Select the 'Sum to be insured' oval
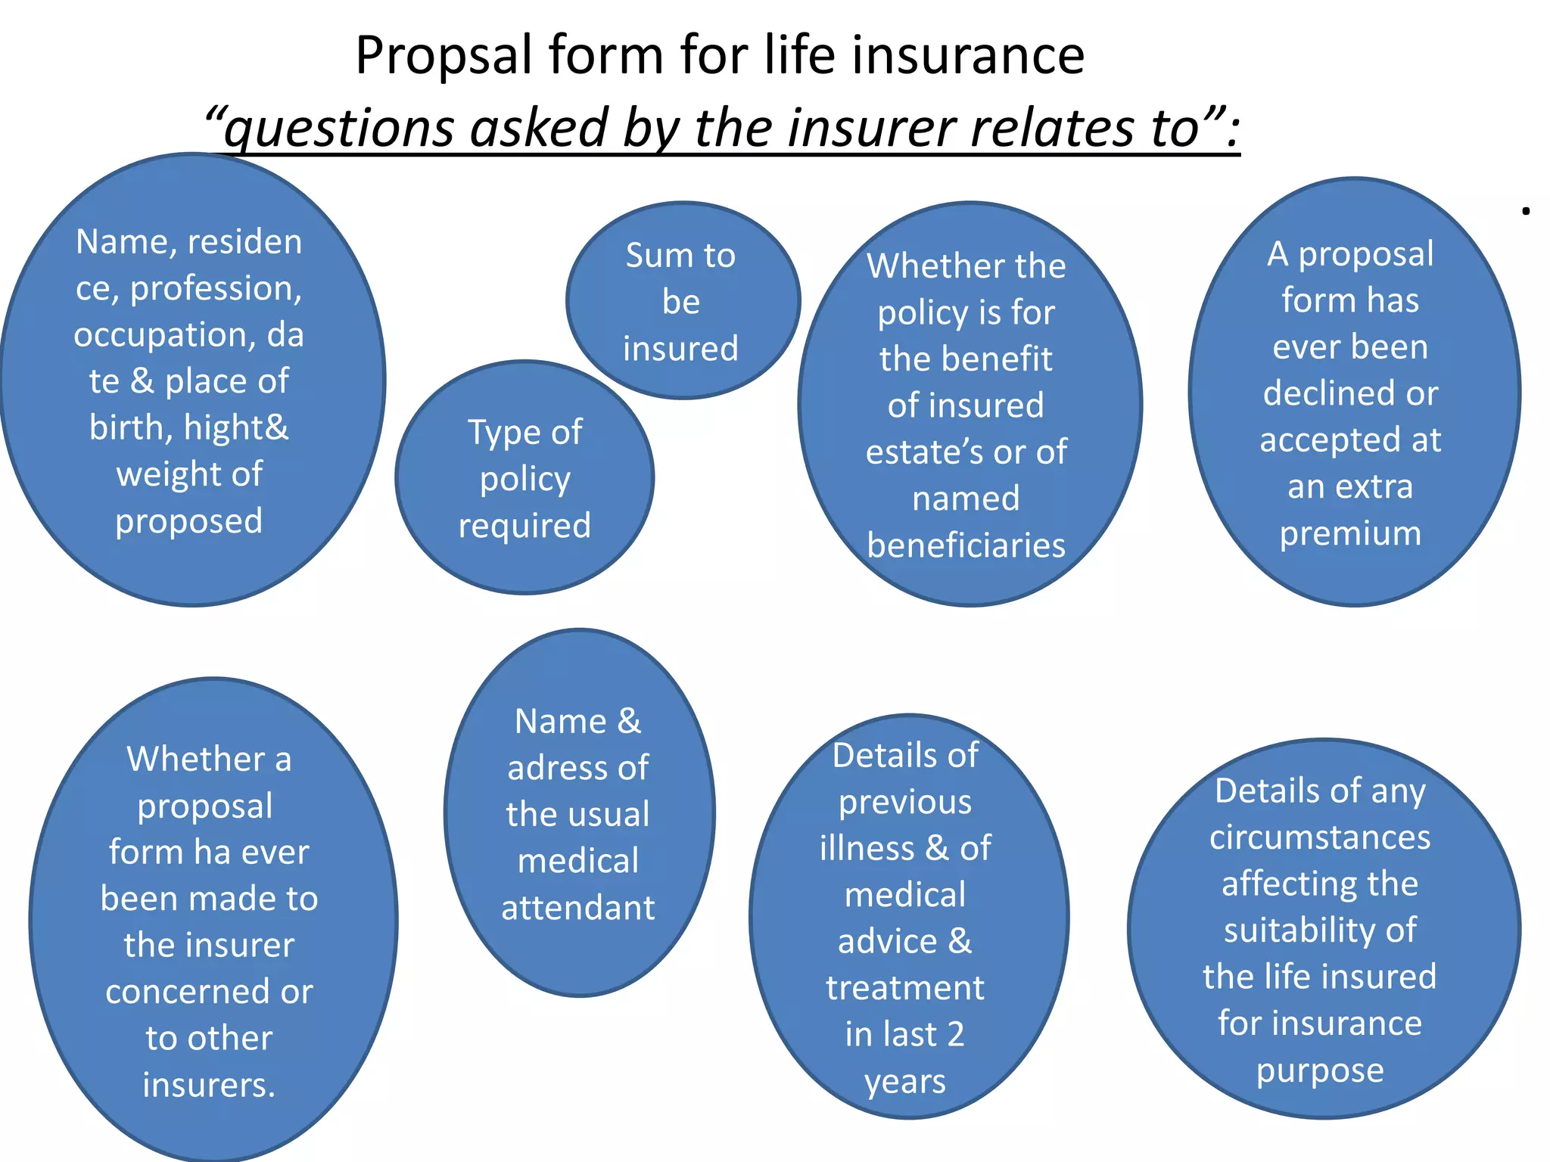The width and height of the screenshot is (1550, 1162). (x=682, y=300)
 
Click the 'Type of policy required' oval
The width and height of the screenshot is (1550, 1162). (x=524, y=478)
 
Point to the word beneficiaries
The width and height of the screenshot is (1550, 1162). (x=966, y=545)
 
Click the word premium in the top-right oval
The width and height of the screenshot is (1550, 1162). (x=1350, y=533)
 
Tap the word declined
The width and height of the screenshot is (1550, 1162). (x=1323, y=393)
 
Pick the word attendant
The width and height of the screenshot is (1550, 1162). (x=577, y=908)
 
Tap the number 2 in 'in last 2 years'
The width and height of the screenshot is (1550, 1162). (x=955, y=1034)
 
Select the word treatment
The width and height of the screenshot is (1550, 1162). (x=905, y=988)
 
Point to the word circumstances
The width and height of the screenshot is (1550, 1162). (x=1320, y=837)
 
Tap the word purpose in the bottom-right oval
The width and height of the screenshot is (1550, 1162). (x=1320, y=1070)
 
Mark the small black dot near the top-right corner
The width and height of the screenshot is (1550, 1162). (x=1526, y=211)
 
